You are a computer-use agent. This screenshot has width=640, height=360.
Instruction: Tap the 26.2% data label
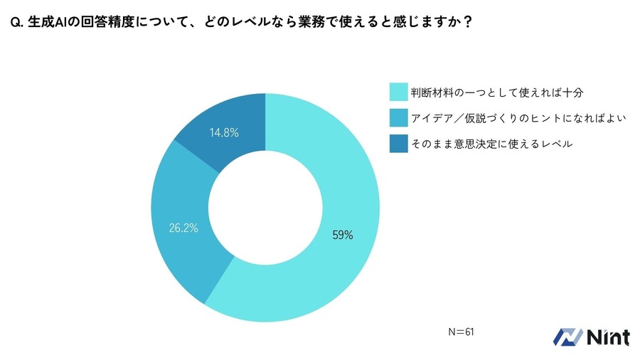pyautogui.click(x=183, y=228)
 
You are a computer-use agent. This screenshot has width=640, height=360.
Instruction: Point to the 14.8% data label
pyautogui.click(x=223, y=132)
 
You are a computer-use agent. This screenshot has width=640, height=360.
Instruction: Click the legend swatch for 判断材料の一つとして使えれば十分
pyautogui.click(x=398, y=92)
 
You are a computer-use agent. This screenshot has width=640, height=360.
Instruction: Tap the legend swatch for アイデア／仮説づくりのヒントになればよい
pyautogui.click(x=398, y=118)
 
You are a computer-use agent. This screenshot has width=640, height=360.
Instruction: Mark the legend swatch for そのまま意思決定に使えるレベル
pyautogui.click(x=398, y=144)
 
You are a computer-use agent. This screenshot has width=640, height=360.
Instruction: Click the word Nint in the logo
pyautogui.click(x=608, y=337)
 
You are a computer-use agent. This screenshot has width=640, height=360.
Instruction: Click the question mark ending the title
pyautogui.click(x=467, y=22)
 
